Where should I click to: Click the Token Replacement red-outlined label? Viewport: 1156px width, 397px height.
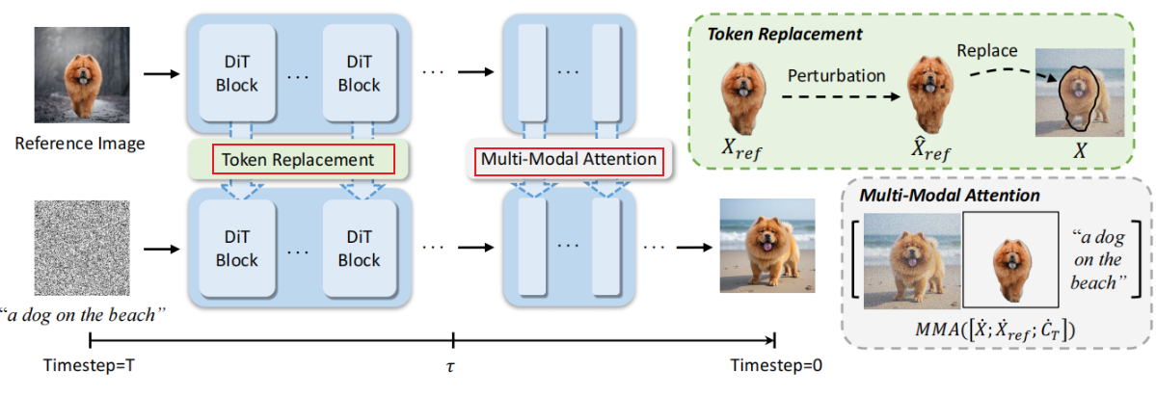(x=298, y=159)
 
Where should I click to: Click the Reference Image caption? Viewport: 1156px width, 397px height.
(x=80, y=144)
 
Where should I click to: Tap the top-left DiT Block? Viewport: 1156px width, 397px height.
(x=236, y=73)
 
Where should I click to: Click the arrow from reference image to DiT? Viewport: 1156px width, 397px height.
(x=158, y=73)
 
